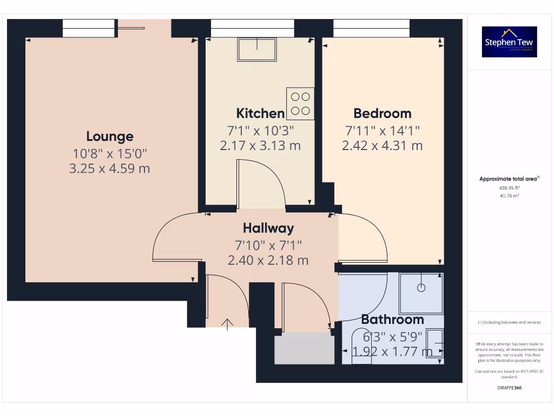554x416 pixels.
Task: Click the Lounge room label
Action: [x=110, y=136]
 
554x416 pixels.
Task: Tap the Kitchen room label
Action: [x=260, y=113]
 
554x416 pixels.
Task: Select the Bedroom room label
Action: [x=382, y=113]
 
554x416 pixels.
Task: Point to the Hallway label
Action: [x=268, y=228]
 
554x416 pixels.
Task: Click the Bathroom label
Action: [x=392, y=320]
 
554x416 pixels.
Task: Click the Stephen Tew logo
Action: [x=510, y=42]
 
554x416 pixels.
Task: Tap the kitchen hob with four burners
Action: [x=300, y=104]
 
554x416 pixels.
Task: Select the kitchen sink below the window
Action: [x=256, y=49]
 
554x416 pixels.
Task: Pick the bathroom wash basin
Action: [x=436, y=344]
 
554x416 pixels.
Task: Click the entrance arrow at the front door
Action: [x=227, y=324]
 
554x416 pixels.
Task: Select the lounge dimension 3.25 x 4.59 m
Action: [x=110, y=168]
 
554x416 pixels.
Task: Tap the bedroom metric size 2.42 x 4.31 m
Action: [x=382, y=145]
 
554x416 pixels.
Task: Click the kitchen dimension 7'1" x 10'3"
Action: [x=260, y=131]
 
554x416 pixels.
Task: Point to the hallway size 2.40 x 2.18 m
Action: [x=268, y=261]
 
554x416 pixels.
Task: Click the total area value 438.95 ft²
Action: [x=509, y=188]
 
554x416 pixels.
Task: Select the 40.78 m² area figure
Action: [x=509, y=196]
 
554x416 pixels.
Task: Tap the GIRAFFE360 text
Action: [x=509, y=388]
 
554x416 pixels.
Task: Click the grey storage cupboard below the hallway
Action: [x=305, y=348]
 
